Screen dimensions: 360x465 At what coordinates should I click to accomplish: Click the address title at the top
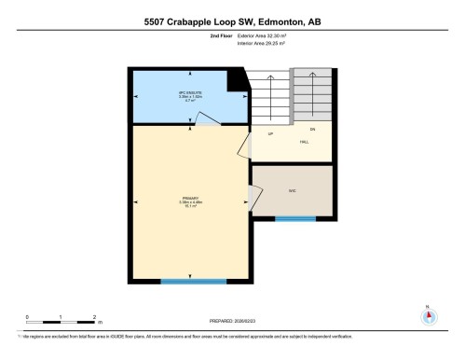tap(232, 21)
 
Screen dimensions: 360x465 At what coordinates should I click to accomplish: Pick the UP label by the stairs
tap(270, 134)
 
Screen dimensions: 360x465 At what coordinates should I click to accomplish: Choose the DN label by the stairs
tap(313, 129)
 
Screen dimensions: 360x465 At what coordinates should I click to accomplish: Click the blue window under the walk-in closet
tap(294, 219)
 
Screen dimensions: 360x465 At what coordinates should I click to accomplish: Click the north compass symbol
tap(429, 314)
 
